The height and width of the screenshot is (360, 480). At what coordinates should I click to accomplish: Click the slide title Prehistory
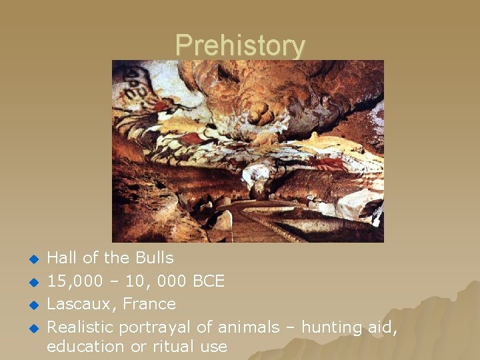pos(240,45)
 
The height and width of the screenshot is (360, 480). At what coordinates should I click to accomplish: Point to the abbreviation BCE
pos(208,281)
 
